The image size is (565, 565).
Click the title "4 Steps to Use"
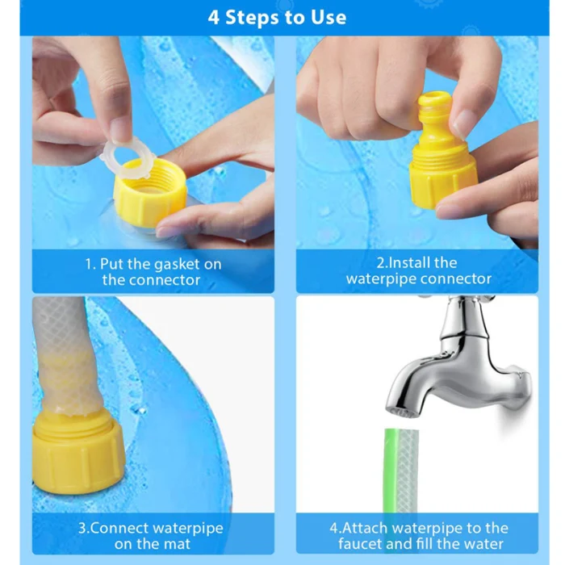(x=277, y=17)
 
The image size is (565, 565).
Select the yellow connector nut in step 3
(x=77, y=451)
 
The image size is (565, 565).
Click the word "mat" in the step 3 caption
(x=177, y=544)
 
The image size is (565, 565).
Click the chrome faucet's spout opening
(x=400, y=412)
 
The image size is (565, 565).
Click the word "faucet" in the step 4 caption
(x=360, y=544)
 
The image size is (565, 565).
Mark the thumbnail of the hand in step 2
(x=462, y=124)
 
